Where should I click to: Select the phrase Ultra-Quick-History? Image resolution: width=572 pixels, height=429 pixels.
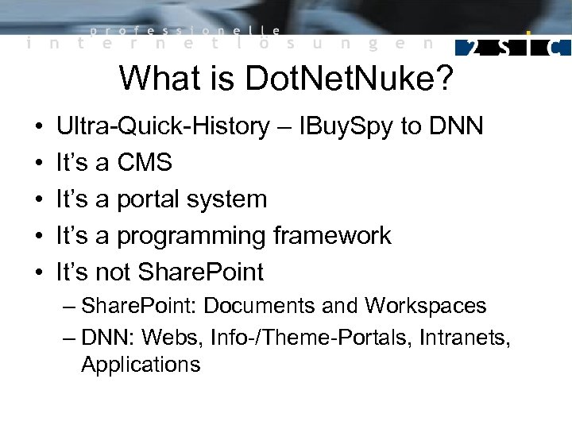[163, 126]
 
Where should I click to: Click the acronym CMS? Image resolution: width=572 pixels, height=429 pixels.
[145, 163]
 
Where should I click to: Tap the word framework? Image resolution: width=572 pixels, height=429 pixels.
[332, 236]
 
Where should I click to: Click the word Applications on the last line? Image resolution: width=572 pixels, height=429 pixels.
[141, 365]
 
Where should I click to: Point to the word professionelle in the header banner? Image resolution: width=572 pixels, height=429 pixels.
[184, 31]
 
